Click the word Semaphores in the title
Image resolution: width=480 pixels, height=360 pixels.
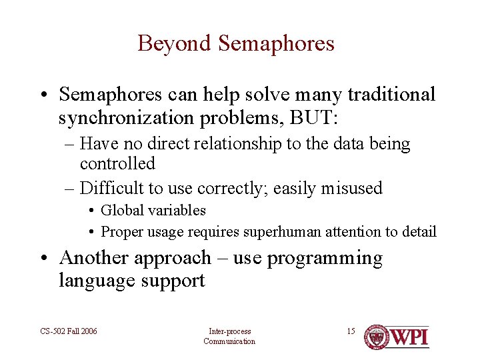click(x=276, y=44)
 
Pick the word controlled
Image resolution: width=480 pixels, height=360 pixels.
click(x=117, y=163)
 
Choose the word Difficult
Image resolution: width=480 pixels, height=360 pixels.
click(x=119, y=189)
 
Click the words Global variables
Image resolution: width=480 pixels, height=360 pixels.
click(x=153, y=211)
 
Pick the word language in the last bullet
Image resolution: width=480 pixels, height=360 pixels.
click(x=94, y=281)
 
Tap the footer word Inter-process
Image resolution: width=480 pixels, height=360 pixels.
click(x=229, y=331)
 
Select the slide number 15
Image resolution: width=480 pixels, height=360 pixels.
click(x=351, y=331)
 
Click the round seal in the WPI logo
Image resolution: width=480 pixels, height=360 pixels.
click(x=376, y=337)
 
